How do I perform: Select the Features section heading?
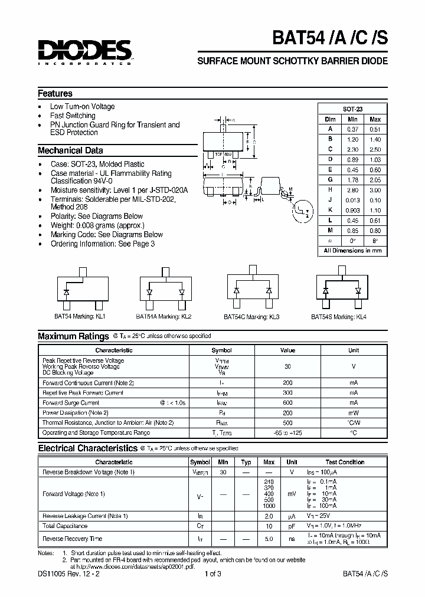pyautogui.click(x=55, y=94)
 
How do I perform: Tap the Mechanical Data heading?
pyautogui.click(x=70, y=150)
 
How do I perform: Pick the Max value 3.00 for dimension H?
pyautogui.click(x=375, y=189)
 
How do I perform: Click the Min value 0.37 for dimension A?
pyautogui.click(x=353, y=129)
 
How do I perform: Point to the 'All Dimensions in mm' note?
pyautogui.click(x=353, y=250)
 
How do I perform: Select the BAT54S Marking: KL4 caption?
pyautogui.click(x=339, y=317)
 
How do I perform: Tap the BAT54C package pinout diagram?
pyautogui.click(x=252, y=288)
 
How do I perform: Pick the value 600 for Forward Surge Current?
pyautogui.click(x=287, y=403)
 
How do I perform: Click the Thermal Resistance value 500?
pyautogui.click(x=287, y=423)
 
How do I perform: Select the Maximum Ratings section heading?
pyautogui.click(x=73, y=336)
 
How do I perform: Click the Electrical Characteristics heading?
pyautogui.click(x=87, y=448)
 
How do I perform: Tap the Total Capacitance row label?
pyautogui.click(x=66, y=526)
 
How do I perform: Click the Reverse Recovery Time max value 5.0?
pyautogui.click(x=269, y=539)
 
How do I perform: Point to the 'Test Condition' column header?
pyautogui.click(x=345, y=462)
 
